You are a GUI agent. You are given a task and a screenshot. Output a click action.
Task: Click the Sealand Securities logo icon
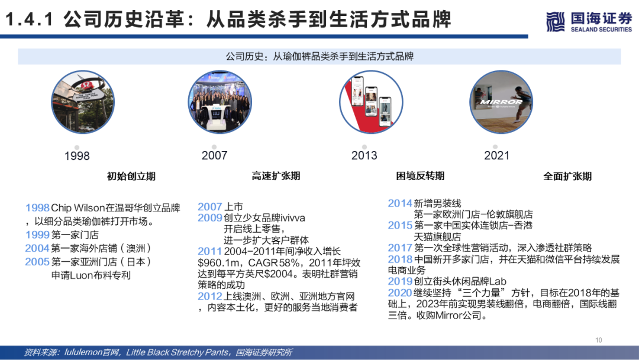(555, 21)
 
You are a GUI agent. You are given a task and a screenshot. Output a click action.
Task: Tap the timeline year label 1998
(77, 156)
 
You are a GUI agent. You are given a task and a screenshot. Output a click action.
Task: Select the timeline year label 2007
(214, 155)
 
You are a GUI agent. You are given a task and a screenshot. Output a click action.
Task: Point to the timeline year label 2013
(364, 155)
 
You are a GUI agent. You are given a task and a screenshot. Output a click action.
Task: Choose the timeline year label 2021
(497, 155)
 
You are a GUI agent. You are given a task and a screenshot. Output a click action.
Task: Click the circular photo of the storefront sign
(83, 102)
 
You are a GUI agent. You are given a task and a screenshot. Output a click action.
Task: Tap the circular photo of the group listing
(220, 102)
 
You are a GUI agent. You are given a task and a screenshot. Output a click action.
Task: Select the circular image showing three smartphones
(371, 102)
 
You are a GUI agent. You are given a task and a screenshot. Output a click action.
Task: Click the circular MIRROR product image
(501, 102)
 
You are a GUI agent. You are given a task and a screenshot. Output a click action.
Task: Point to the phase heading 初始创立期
(131, 176)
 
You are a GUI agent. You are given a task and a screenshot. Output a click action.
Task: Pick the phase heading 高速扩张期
(276, 176)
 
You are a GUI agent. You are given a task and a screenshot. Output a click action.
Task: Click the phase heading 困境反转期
(420, 176)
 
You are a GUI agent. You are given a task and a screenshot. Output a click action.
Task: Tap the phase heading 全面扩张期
(567, 176)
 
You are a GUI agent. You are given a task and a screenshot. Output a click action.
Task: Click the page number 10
(599, 340)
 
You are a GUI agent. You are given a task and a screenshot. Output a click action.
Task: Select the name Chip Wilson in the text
(78, 208)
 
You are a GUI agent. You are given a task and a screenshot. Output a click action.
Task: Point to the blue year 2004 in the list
(37, 248)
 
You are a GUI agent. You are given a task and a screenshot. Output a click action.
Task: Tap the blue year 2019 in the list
(400, 281)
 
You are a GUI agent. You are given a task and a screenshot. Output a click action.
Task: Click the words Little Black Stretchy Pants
(177, 352)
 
